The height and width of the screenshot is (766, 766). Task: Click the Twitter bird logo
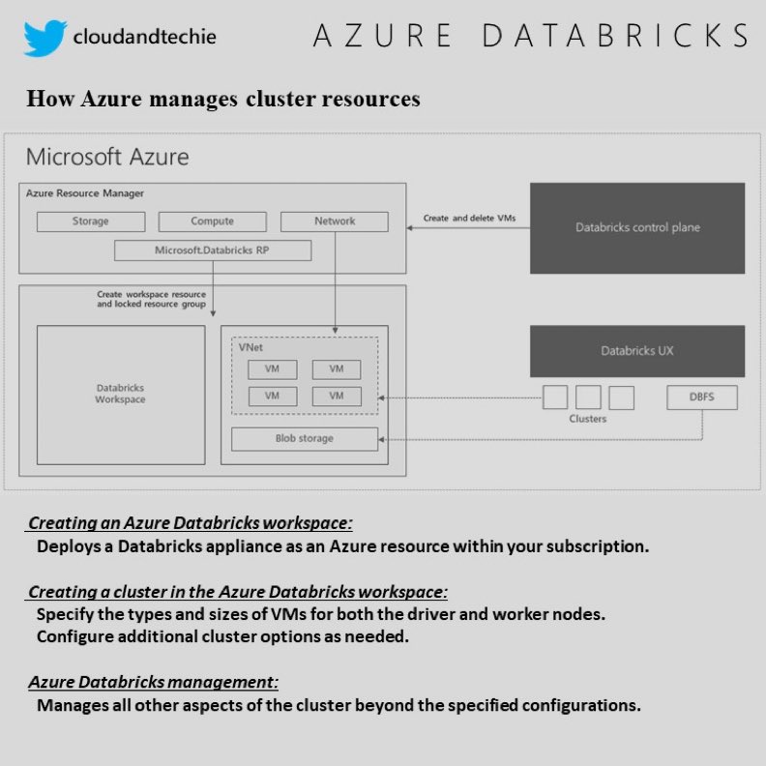click(44, 38)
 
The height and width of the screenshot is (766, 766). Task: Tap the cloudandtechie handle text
click(144, 38)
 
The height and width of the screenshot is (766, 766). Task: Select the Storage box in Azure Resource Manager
click(91, 221)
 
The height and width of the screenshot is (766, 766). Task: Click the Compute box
click(212, 221)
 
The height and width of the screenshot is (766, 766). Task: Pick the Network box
click(335, 221)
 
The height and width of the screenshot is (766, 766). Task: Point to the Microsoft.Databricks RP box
click(213, 250)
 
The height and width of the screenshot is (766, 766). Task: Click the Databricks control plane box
click(637, 227)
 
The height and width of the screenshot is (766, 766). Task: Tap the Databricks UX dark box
click(637, 351)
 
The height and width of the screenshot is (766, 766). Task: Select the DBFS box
click(702, 397)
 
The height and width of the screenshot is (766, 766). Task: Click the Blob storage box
click(304, 438)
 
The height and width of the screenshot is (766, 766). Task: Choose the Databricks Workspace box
click(121, 394)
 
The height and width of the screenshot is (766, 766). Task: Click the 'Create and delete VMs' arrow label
click(469, 219)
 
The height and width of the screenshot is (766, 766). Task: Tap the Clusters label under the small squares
click(588, 419)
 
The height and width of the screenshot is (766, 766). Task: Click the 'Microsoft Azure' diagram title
click(107, 157)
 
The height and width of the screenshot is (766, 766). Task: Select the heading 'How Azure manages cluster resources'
click(223, 99)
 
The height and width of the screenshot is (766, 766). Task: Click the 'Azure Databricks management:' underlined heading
click(153, 682)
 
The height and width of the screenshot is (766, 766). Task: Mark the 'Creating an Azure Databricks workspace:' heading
click(191, 523)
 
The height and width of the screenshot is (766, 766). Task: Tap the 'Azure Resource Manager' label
click(85, 193)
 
